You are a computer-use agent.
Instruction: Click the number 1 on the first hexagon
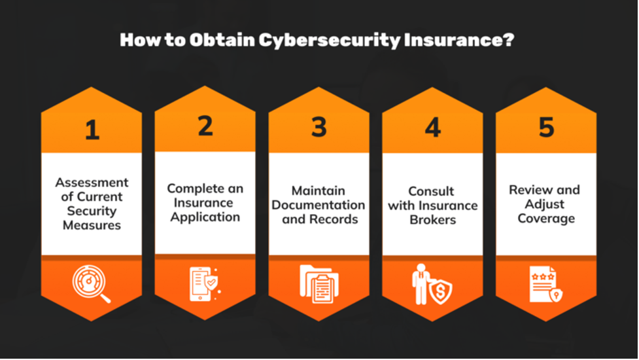(92, 130)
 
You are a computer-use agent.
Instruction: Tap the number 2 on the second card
(205, 126)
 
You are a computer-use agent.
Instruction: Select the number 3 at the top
(319, 127)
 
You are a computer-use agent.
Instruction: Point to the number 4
(432, 128)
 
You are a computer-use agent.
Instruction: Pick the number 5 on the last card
(546, 126)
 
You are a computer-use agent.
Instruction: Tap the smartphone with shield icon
(204, 284)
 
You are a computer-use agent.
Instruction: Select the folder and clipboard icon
(319, 284)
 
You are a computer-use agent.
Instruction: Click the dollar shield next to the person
(440, 289)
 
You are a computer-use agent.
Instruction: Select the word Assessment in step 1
(92, 182)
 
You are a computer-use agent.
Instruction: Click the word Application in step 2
(205, 217)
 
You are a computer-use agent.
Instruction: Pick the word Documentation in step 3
(319, 205)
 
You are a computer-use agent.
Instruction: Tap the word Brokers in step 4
(432, 219)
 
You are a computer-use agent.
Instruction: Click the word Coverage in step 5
(546, 218)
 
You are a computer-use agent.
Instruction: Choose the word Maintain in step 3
(319, 190)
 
